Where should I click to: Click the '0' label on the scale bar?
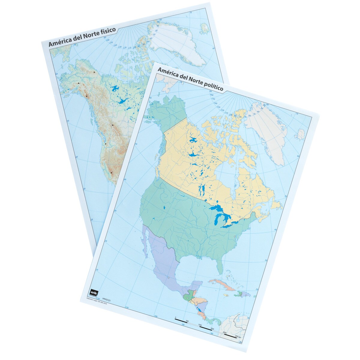(175, 318)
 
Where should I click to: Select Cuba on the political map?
(221, 283)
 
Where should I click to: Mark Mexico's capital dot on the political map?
(169, 278)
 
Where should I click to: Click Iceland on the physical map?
(205, 28)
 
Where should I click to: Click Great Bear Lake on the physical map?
(114, 89)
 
